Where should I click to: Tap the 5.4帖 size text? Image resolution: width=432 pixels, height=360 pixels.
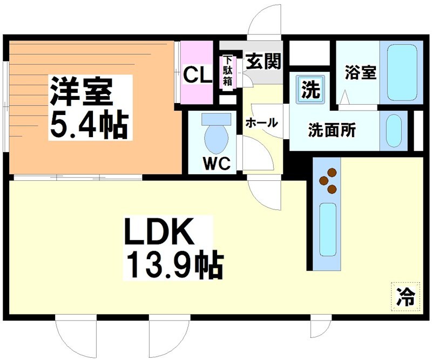[89, 125]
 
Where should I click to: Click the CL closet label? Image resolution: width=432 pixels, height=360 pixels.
[197, 74]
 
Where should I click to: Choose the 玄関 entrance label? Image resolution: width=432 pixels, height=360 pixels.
[264, 62]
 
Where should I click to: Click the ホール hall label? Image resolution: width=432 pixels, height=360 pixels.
[262, 123]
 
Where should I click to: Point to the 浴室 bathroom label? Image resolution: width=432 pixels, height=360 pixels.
[361, 73]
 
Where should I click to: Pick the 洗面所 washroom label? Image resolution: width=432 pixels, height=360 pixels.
[332, 130]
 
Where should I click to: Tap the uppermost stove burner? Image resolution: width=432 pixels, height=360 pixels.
[333, 173]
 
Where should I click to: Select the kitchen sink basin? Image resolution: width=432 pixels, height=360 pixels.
[328, 229]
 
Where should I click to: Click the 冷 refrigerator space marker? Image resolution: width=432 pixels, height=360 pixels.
[405, 295]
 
